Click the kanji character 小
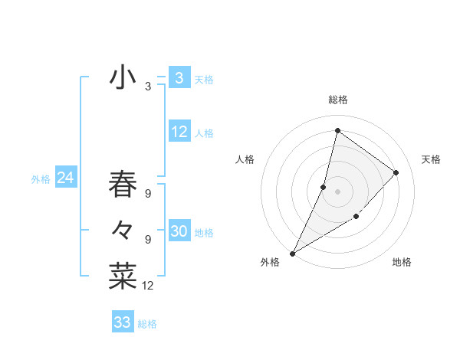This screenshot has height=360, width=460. tap(123, 77)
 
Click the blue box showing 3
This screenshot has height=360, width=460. tap(179, 77)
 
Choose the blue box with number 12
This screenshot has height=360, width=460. tap(179, 132)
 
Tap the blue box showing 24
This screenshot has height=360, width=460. tap(66, 178)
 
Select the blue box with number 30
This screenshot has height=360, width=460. tap(179, 231)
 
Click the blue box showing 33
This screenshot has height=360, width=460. tap(123, 322)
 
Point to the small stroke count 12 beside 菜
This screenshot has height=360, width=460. tap(148, 286)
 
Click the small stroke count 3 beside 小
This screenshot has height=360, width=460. tap(147, 87)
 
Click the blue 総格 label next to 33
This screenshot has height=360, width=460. tap(147, 324)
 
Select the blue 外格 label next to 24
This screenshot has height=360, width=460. tap(41, 179)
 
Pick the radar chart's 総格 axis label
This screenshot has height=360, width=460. tap(337, 100)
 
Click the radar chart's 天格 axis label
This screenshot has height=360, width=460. tap(431, 159)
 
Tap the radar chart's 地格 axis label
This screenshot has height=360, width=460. tap(402, 262)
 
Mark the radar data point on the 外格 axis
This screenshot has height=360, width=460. tap(292, 253)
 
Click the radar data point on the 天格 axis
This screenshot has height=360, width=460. tap(396, 172)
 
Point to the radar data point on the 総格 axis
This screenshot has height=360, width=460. tap(337, 131)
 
